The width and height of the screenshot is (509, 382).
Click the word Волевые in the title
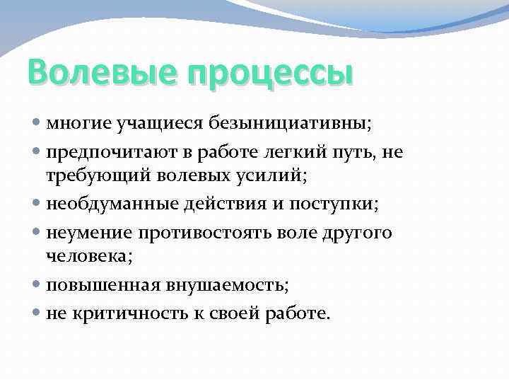click(93, 74)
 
